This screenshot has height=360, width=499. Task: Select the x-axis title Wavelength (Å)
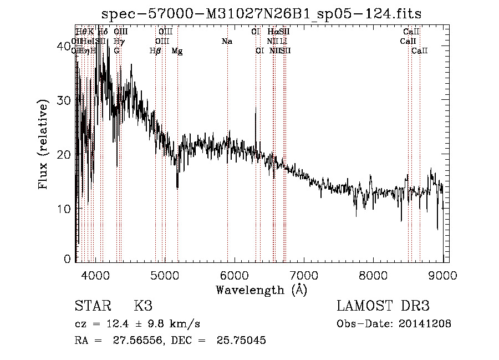[x=261, y=290]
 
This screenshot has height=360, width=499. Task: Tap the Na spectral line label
[x=226, y=42]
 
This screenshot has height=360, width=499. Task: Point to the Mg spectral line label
[x=177, y=51]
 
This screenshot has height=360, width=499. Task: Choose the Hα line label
[x=272, y=32]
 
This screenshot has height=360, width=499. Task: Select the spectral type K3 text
[x=142, y=306]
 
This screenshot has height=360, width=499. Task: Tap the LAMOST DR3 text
[x=383, y=306]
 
